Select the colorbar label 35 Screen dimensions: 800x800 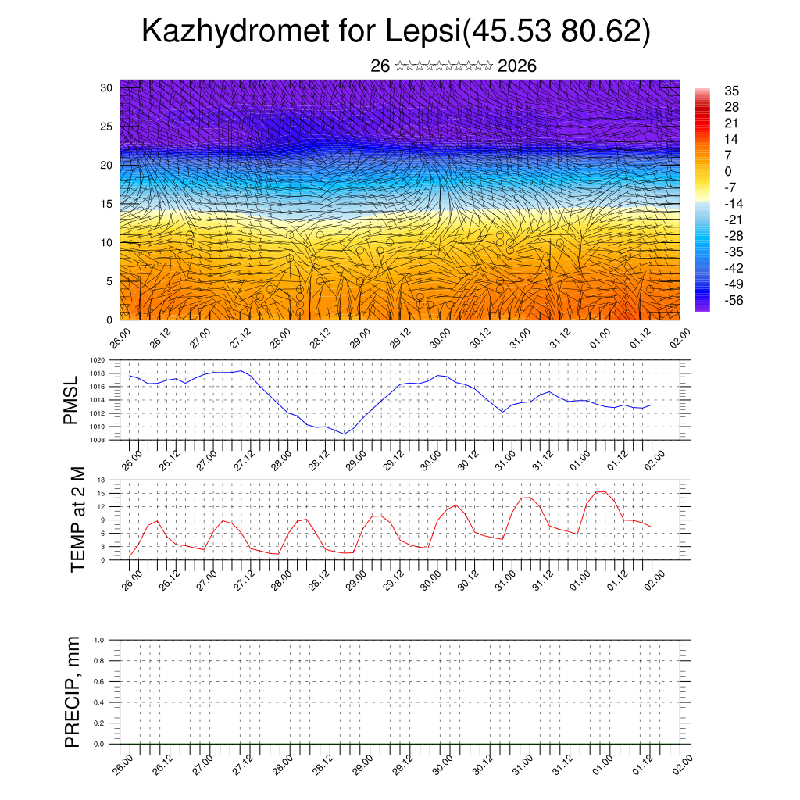point(732,91)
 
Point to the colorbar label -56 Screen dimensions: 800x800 point(734,300)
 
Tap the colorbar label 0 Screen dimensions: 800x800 point(728,171)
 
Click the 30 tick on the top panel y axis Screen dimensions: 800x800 point(106,87)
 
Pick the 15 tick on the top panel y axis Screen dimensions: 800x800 point(106,204)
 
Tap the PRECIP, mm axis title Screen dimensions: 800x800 point(73,692)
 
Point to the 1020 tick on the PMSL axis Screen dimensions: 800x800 point(97,361)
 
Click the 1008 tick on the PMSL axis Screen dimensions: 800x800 point(97,440)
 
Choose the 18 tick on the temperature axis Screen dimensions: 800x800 point(102,480)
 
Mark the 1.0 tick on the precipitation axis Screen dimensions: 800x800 point(99,640)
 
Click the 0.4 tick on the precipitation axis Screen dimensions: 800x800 point(99,702)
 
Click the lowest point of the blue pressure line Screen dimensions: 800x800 point(344,434)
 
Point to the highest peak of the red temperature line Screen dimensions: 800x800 point(599,491)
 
